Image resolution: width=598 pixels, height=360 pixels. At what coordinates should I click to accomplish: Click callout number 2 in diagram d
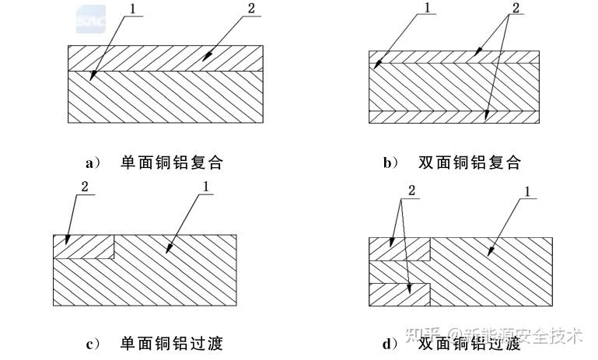pyautogui.click(x=411, y=190)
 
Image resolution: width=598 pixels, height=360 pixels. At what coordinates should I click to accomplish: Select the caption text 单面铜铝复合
pyautogui.click(x=172, y=163)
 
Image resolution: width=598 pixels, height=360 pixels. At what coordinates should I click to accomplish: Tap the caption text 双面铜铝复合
pyautogui.click(x=470, y=163)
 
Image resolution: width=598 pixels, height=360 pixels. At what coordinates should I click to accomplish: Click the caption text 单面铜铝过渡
pyautogui.click(x=172, y=343)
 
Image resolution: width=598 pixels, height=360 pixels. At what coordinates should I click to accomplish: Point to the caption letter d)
pyautogui.click(x=391, y=343)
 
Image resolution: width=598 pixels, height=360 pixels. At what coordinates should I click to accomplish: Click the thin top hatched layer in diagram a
pyautogui.click(x=167, y=58)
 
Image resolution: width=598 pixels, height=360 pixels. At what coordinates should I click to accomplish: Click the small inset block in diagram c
pyautogui.click(x=83, y=246)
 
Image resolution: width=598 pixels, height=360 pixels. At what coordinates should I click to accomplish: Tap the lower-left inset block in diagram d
pyautogui.click(x=398, y=295)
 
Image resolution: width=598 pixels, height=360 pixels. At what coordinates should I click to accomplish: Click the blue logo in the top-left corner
pyautogui.click(x=90, y=19)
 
